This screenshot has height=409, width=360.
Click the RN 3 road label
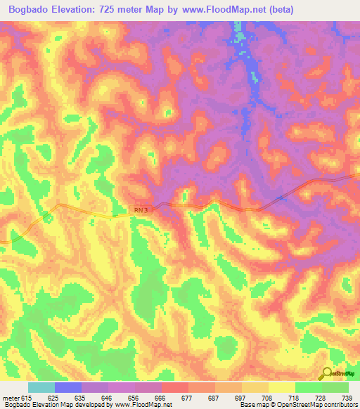141,209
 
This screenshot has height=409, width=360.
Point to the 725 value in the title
123,9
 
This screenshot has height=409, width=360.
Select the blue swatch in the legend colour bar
67,387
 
